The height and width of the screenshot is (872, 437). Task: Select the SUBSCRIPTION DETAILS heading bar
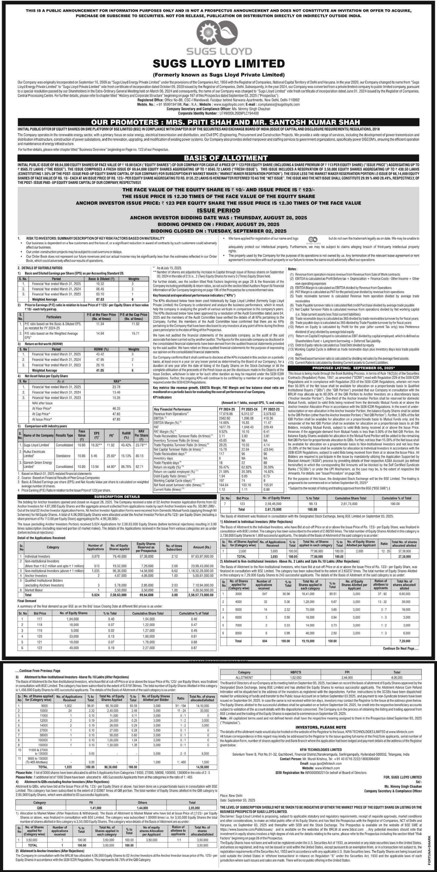117,496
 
